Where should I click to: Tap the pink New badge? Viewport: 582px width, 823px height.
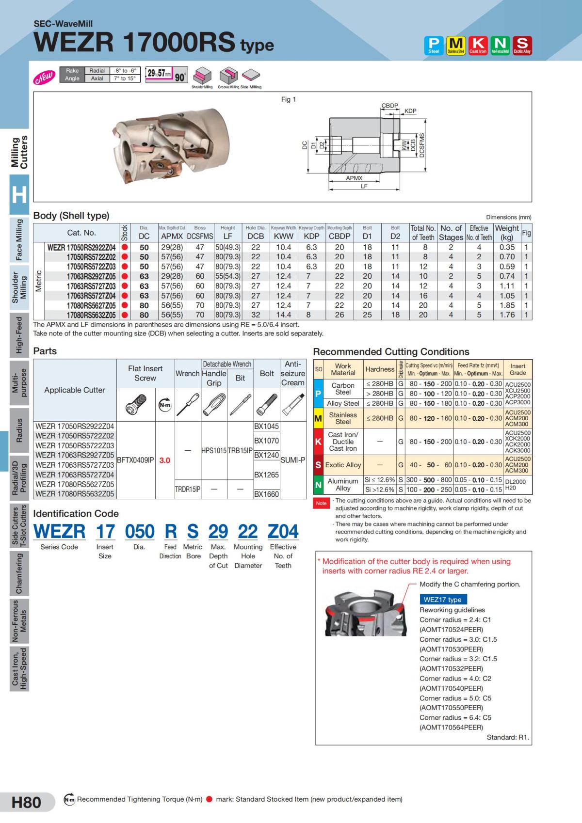click(44, 77)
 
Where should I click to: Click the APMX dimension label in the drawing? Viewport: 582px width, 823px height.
click(354, 178)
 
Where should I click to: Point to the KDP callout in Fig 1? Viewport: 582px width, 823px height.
click(410, 111)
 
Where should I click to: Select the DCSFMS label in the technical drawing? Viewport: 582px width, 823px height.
click(422, 145)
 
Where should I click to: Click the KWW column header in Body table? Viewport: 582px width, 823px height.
click(283, 236)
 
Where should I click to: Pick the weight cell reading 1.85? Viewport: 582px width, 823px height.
click(507, 305)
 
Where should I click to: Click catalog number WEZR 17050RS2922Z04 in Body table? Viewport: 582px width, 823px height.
click(81, 247)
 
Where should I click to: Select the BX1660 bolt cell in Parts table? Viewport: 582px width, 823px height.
click(267, 494)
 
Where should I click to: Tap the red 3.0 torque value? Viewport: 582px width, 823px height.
click(165, 460)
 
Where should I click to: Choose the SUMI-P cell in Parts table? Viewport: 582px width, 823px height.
click(293, 460)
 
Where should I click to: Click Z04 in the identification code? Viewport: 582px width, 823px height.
click(283, 532)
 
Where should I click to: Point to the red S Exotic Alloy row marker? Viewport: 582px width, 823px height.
click(318, 465)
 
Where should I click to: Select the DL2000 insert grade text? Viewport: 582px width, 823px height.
click(515, 482)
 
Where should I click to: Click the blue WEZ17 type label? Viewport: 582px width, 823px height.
click(443, 600)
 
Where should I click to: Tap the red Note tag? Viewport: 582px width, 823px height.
click(321, 503)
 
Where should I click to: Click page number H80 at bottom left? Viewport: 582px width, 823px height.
click(26, 802)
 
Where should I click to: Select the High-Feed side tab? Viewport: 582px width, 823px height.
click(19, 335)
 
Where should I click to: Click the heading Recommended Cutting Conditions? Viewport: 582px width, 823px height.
click(391, 352)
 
